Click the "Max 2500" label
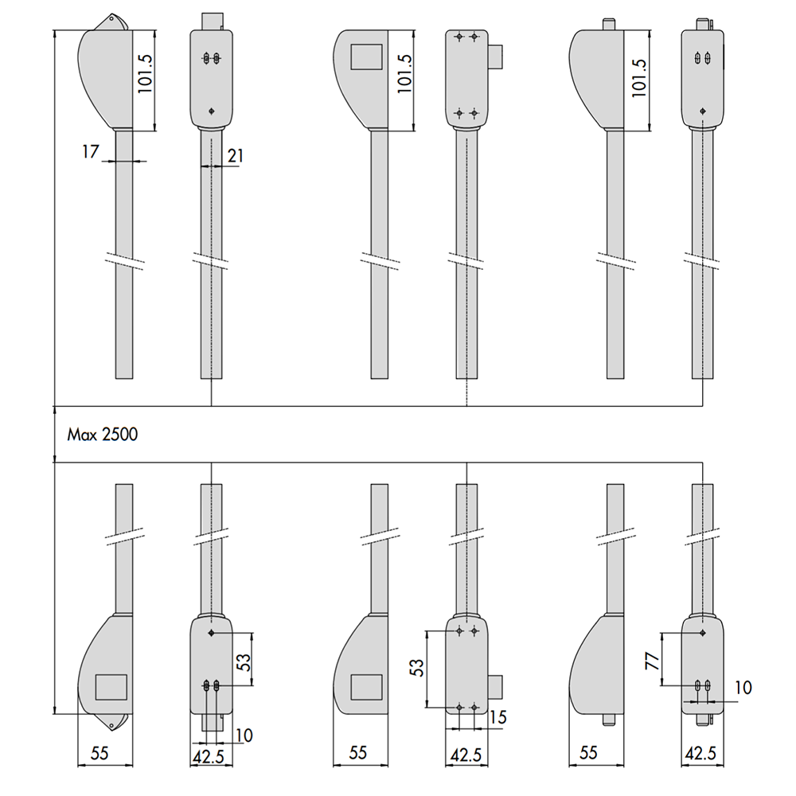(x=103, y=435)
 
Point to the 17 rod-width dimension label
(x=91, y=151)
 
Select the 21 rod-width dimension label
(x=236, y=156)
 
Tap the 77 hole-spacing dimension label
(x=653, y=661)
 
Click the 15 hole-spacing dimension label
(x=498, y=717)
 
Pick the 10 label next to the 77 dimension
(x=743, y=688)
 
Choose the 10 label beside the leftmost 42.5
(x=244, y=735)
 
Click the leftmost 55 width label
(x=99, y=753)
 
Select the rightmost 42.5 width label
(x=700, y=754)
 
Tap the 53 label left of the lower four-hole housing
(x=416, y=668)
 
